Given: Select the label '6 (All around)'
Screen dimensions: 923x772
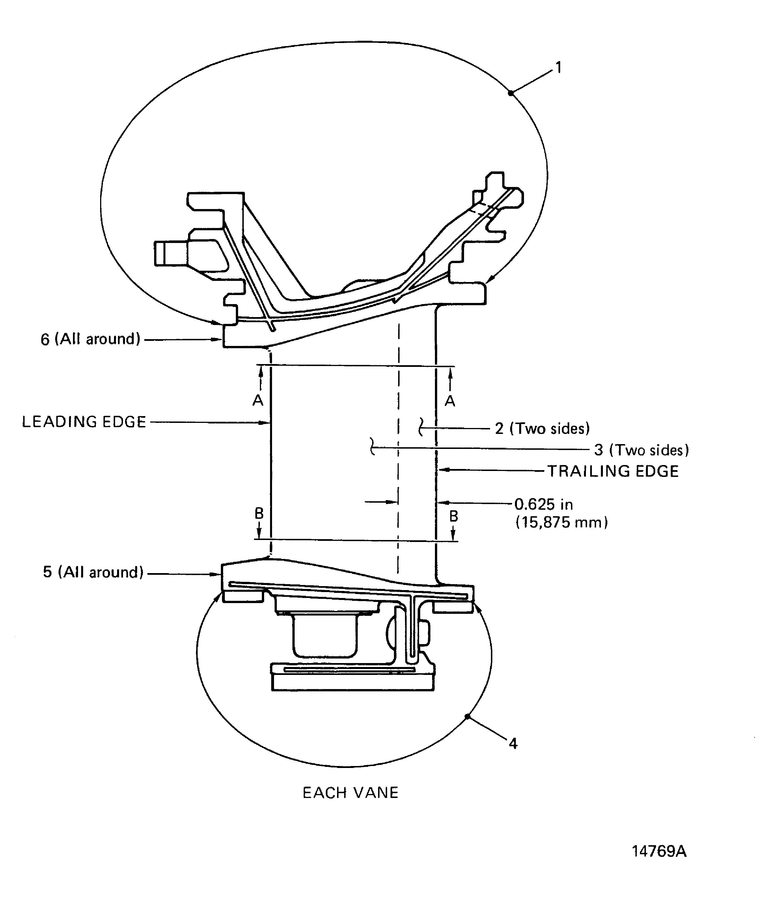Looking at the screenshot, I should tap(90, 339).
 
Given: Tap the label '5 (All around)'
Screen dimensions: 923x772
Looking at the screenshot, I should tap(93, 572).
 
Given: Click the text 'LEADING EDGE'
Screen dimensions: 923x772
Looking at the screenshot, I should tap(84, 422).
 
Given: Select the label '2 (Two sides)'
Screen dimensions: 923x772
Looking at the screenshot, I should tap(542, 429).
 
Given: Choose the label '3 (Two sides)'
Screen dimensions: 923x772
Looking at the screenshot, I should tap(642, 450).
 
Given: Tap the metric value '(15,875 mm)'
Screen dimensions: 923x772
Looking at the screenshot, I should tap(562, 522).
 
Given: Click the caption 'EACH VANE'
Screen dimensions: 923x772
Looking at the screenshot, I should tap(350, 793).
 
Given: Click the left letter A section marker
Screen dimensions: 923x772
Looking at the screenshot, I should tap(258, 401).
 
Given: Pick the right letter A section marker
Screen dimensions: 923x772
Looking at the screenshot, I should tap(450, 401).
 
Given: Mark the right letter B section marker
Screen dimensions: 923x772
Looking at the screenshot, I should tap(454, 516).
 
